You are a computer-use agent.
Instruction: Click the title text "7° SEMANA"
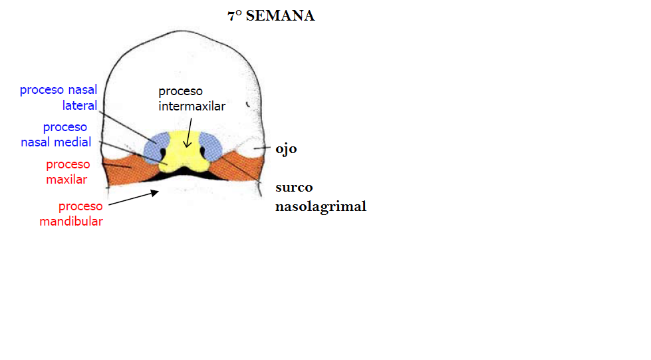271,16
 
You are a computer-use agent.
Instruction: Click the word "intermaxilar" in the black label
192,106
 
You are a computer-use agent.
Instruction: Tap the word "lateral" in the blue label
80,105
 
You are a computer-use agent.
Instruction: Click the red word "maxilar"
66,179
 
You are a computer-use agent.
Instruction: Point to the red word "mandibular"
71,222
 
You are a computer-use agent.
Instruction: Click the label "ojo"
286,148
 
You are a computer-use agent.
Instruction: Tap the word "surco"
294,187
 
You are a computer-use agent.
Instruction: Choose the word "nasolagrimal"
321,206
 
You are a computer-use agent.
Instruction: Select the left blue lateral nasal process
158,145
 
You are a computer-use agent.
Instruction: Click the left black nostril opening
164,157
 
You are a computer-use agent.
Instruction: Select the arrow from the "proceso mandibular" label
133,198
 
